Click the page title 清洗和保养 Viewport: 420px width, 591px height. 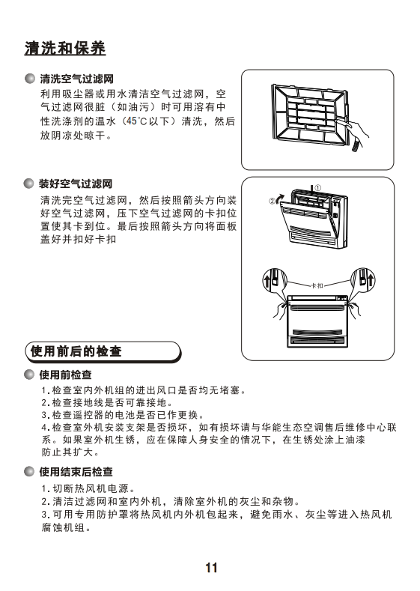coord(65,48)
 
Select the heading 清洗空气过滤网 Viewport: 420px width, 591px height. coord(76,79)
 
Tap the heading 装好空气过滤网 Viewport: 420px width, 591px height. coord(76,184)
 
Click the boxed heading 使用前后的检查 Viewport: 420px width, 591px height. coord(76,351)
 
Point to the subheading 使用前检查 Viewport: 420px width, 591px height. coord(66,375)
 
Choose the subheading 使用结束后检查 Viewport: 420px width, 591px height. coord(76,471)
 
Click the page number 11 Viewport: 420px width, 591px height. coord(211,568)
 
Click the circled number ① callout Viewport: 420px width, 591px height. coord(317,188)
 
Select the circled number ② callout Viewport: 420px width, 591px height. coord(272,201)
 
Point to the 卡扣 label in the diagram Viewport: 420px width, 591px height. coord(317,285)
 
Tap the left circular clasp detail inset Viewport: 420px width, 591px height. coord(275,281)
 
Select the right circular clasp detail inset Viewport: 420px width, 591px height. coord(363,281)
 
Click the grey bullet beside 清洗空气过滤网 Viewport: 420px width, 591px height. coord(29,79)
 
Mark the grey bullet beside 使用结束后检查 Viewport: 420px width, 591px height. coord(29,471)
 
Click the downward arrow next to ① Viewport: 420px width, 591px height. coord(311,190)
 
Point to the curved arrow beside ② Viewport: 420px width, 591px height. coord(281,198)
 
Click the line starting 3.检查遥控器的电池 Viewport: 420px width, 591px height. coord(124,415)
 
